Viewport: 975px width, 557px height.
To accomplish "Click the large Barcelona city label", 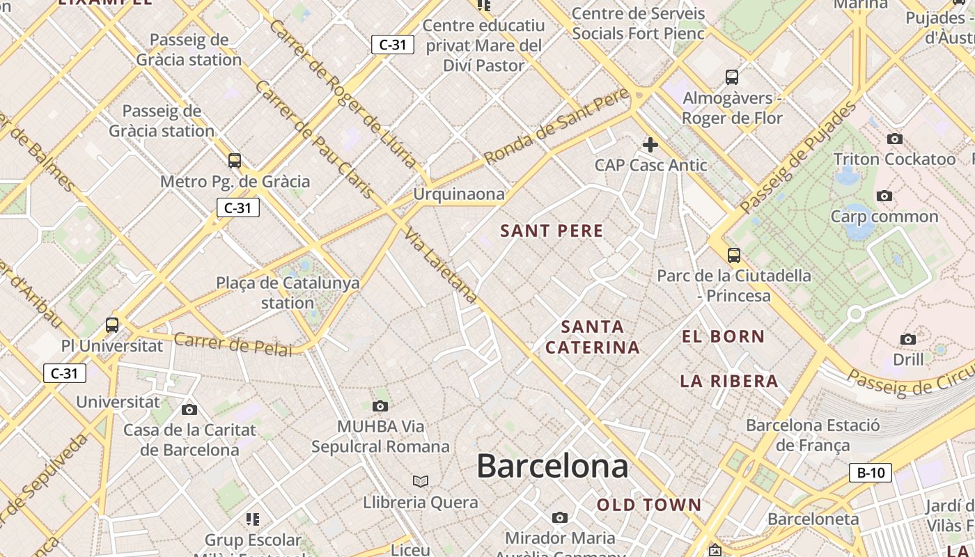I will click(x=552, y=466).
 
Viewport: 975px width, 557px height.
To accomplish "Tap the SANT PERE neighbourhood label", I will click(x=552, y=231).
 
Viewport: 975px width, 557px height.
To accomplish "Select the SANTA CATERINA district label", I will click(x=592, y=337).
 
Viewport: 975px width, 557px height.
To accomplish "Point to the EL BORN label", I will click(x=723, y=337).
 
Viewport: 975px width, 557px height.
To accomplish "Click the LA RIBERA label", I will click(x=729, y=382).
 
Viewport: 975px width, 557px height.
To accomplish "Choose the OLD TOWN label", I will click(x=649, y=505).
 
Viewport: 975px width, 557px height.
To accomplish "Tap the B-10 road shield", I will click(x=871, y=473).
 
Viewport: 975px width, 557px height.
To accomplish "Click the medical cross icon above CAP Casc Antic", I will click(x=650, y=145).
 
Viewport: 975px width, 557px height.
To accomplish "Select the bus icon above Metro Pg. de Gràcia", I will click(x=235, y=161).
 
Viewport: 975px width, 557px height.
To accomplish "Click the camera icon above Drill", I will click(x=908, y=339).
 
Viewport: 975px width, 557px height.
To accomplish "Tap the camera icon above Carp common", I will click(x=884, y=196).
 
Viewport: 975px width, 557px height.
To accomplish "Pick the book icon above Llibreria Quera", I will click(x=421, y=481).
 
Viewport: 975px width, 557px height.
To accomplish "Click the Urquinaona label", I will click(x=459, y=194).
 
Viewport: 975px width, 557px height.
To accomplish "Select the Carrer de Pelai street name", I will click(x=233, y=344).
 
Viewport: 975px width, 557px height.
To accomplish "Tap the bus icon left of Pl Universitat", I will click(x=112, y=324).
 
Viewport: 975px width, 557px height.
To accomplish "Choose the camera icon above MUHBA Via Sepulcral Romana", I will click(x=380, y=406).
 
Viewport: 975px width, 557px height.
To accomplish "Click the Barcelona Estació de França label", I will click(x=813, y=435).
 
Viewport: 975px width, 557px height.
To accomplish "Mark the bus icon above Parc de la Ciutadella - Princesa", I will click(x=733, y=255).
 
